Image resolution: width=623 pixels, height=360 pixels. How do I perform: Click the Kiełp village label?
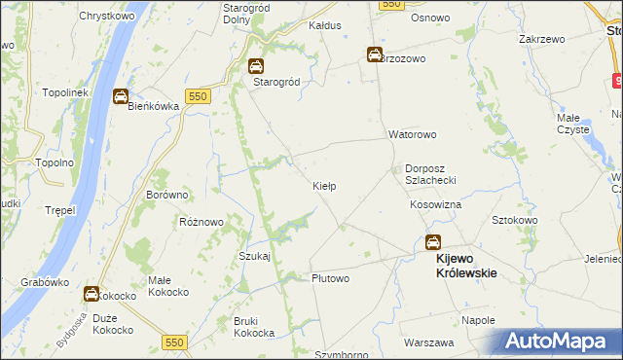click(x=324, y=186)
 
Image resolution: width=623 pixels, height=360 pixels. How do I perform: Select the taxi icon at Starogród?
click(x=255, y=67)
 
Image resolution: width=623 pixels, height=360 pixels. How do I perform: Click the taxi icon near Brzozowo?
click(x=374, y=55)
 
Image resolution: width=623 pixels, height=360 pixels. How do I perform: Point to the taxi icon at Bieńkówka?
click(x=120, y=96)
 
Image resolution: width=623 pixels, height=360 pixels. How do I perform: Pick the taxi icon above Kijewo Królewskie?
click(x=432, y=242)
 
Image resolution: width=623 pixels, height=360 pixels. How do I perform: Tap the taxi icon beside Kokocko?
click(x=92, y=294)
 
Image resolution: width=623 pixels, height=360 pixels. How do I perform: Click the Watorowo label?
click(x=413, y=134)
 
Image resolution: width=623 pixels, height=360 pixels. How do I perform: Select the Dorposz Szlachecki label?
click(x=437, y=173)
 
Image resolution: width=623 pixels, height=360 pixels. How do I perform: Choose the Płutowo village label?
click(x=330, y=278)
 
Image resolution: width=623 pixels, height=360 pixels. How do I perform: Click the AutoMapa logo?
click(x=556, y=341)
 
